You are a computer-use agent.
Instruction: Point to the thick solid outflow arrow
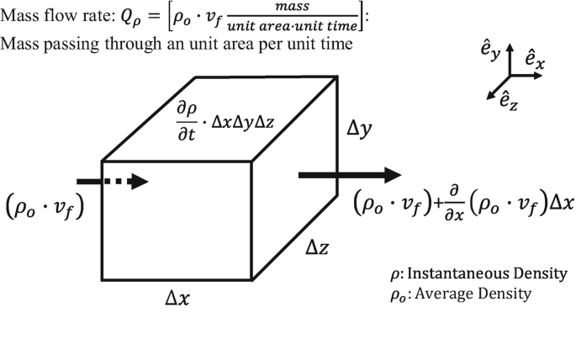pyautogui.click(x=350, y=175)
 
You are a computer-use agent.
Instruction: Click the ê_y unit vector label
pyautogui.click(x=489, y=54)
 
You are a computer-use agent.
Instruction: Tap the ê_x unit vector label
pyautogui.click(x=540, y=58)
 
